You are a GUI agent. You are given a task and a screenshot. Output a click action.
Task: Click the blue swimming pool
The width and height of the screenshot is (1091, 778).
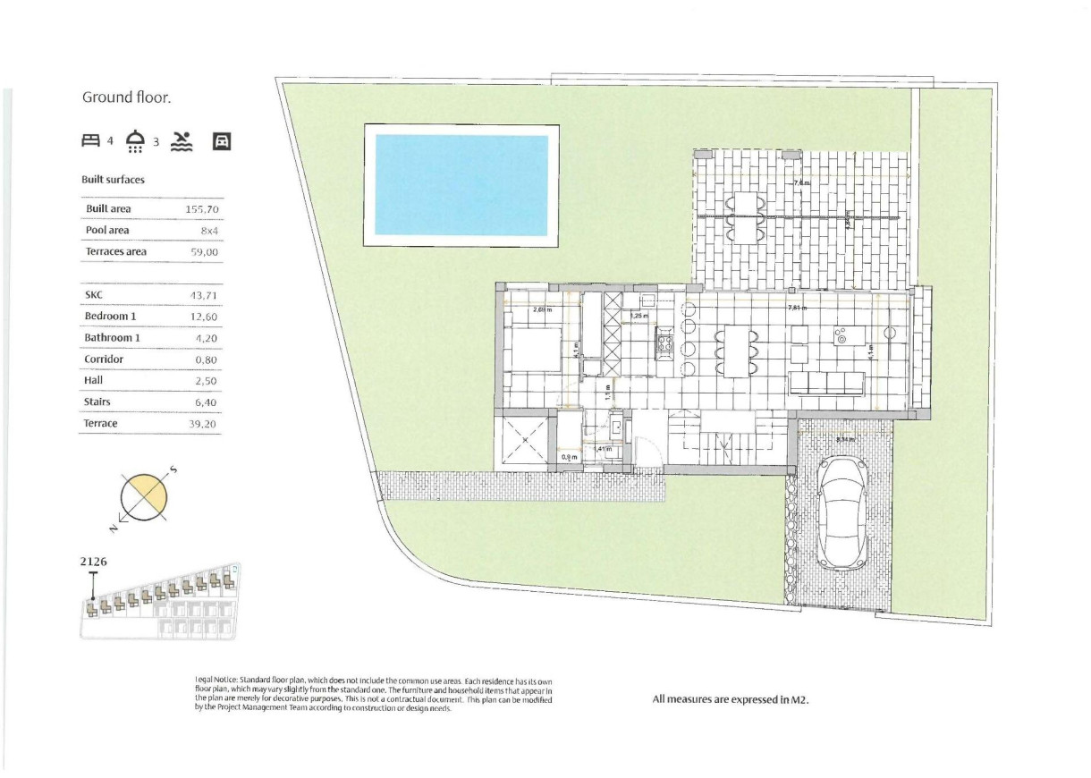click(461, 185)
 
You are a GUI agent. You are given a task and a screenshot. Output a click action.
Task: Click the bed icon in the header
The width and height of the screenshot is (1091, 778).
click(90, 140)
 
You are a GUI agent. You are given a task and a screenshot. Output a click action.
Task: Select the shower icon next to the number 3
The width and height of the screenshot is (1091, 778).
click(136, 141)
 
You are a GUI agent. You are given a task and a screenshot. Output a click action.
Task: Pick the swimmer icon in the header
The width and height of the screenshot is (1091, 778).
click(182, 140)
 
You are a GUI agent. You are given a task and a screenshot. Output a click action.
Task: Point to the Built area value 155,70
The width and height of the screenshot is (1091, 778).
click(202, 209)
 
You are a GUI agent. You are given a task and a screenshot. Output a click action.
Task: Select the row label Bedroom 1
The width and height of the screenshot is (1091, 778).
click(112, 317)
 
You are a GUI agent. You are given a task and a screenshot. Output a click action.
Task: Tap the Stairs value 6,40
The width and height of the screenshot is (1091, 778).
click(205, 402)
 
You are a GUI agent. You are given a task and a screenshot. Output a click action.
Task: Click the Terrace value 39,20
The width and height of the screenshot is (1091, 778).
click(204, 424)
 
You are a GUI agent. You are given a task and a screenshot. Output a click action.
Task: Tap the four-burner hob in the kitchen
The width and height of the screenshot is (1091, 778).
click(665, 340)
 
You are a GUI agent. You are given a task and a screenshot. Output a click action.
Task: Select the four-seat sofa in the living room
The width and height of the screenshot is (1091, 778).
click(827, 385)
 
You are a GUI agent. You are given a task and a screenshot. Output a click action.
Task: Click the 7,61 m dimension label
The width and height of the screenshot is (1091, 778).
click(799, 309)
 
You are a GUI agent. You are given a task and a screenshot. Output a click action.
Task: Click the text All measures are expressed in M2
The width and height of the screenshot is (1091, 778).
click(730, 700)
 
